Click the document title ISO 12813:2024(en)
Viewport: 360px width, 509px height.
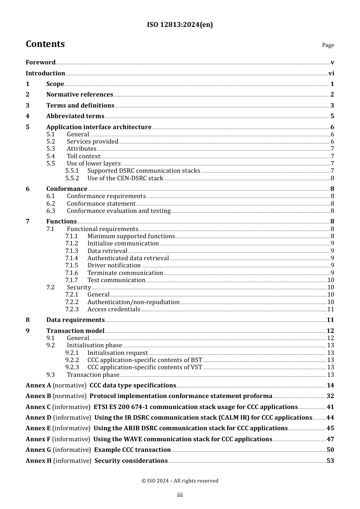pyautogui.click(x=180, y=25)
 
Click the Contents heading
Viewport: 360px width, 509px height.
pyautogui.click(x=45, y=44)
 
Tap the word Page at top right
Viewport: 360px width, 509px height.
pyautogui.click(x=328, y=45)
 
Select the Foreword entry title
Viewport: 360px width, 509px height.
pyautogui.click(x=41, y=62)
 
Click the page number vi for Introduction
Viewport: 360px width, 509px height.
pyautogui.click(x=331, y=73)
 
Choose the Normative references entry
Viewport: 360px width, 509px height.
pyautogui.click(x=80, y=95)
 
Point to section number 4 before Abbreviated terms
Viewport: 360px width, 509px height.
pyautogui.click(x=28, y=116)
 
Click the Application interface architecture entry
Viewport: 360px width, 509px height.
pyautogui.click(x=99, y=127)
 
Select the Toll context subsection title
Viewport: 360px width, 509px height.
pyautogui.click(x=83, y=156)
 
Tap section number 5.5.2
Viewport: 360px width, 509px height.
pyautogui.click(x=72, y=178)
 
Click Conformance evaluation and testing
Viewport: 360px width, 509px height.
pyautogui.click(x=119, y=211)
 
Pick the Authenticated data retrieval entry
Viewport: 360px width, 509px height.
pyautogui.click(x=128, y=258)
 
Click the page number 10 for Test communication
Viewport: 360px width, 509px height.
pyautogui.click(x=330, y=280)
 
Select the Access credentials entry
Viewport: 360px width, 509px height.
pyautogui.click(x=114, y=309)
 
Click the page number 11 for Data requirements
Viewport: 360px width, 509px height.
pyautogui.click(x=330, y=320)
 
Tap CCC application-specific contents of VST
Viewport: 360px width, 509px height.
pyautogui.click(x=145, y=367)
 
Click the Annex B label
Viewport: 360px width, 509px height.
pyautogui.click(x=38, y=396)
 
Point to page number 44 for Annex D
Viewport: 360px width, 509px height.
pyautogui.click(x=330, y=418)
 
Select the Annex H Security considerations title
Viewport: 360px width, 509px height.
pyautogui.click(x=131, y=461)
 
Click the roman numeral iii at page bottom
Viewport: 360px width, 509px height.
pyautogui.click(x=180, y=495)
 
